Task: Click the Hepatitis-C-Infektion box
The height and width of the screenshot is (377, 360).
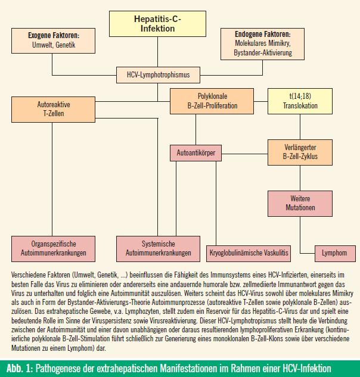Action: click(x=157, y=24)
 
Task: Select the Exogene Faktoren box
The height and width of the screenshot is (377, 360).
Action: click(x=53, y=40)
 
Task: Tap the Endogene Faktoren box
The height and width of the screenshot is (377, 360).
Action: click(x=262, y=44)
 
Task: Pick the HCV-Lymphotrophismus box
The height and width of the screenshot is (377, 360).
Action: click(x=158, y=75)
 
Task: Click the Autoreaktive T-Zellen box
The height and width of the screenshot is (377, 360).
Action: click(x=53, y=110)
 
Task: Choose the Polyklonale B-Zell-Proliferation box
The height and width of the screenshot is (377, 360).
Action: click(x=212, y=101)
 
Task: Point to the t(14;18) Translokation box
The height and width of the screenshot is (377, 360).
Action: click(x=300, y=101)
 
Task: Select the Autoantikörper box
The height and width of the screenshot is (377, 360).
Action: click(x=195, y=153)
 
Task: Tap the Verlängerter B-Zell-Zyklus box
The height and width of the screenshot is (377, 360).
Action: click(x=300, y=152)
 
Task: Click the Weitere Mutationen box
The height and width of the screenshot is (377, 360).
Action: click(x=300, y=204)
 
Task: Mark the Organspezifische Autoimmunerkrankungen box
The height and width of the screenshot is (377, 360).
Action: click(x=53, y=249)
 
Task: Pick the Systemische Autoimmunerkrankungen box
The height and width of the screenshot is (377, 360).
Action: click(x=158, y=249)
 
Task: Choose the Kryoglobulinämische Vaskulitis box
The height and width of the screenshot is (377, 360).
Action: click(x=249, y=253)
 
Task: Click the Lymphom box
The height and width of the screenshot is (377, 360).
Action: click(x=335, y=253)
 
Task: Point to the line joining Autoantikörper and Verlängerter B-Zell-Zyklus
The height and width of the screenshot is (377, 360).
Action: click(x=244, y=154)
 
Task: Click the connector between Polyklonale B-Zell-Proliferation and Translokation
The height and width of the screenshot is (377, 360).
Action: click(x=260, y=101)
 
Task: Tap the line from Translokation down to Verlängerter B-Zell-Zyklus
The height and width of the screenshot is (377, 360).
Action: click(x=300, y=127)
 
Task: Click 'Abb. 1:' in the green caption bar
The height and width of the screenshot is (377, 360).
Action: click(x=20, y=368)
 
